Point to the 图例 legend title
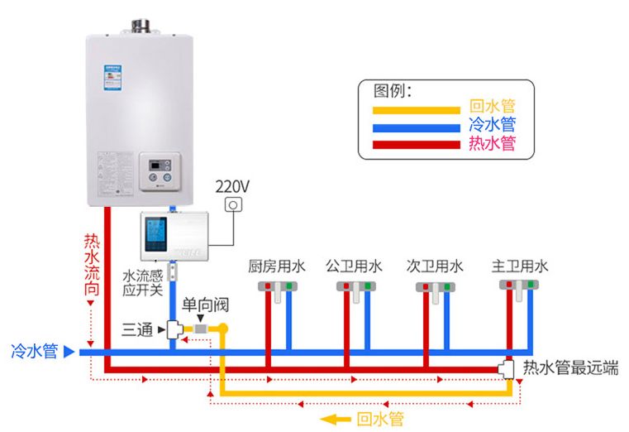click(x=393, y=89)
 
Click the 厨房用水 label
click(x=277, y=266)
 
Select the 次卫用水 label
click(x=435, y=266)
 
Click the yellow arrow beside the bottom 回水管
click(x=336, y=419)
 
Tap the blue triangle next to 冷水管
click(x=69, y=352)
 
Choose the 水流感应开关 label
click(x=142, y=282)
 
